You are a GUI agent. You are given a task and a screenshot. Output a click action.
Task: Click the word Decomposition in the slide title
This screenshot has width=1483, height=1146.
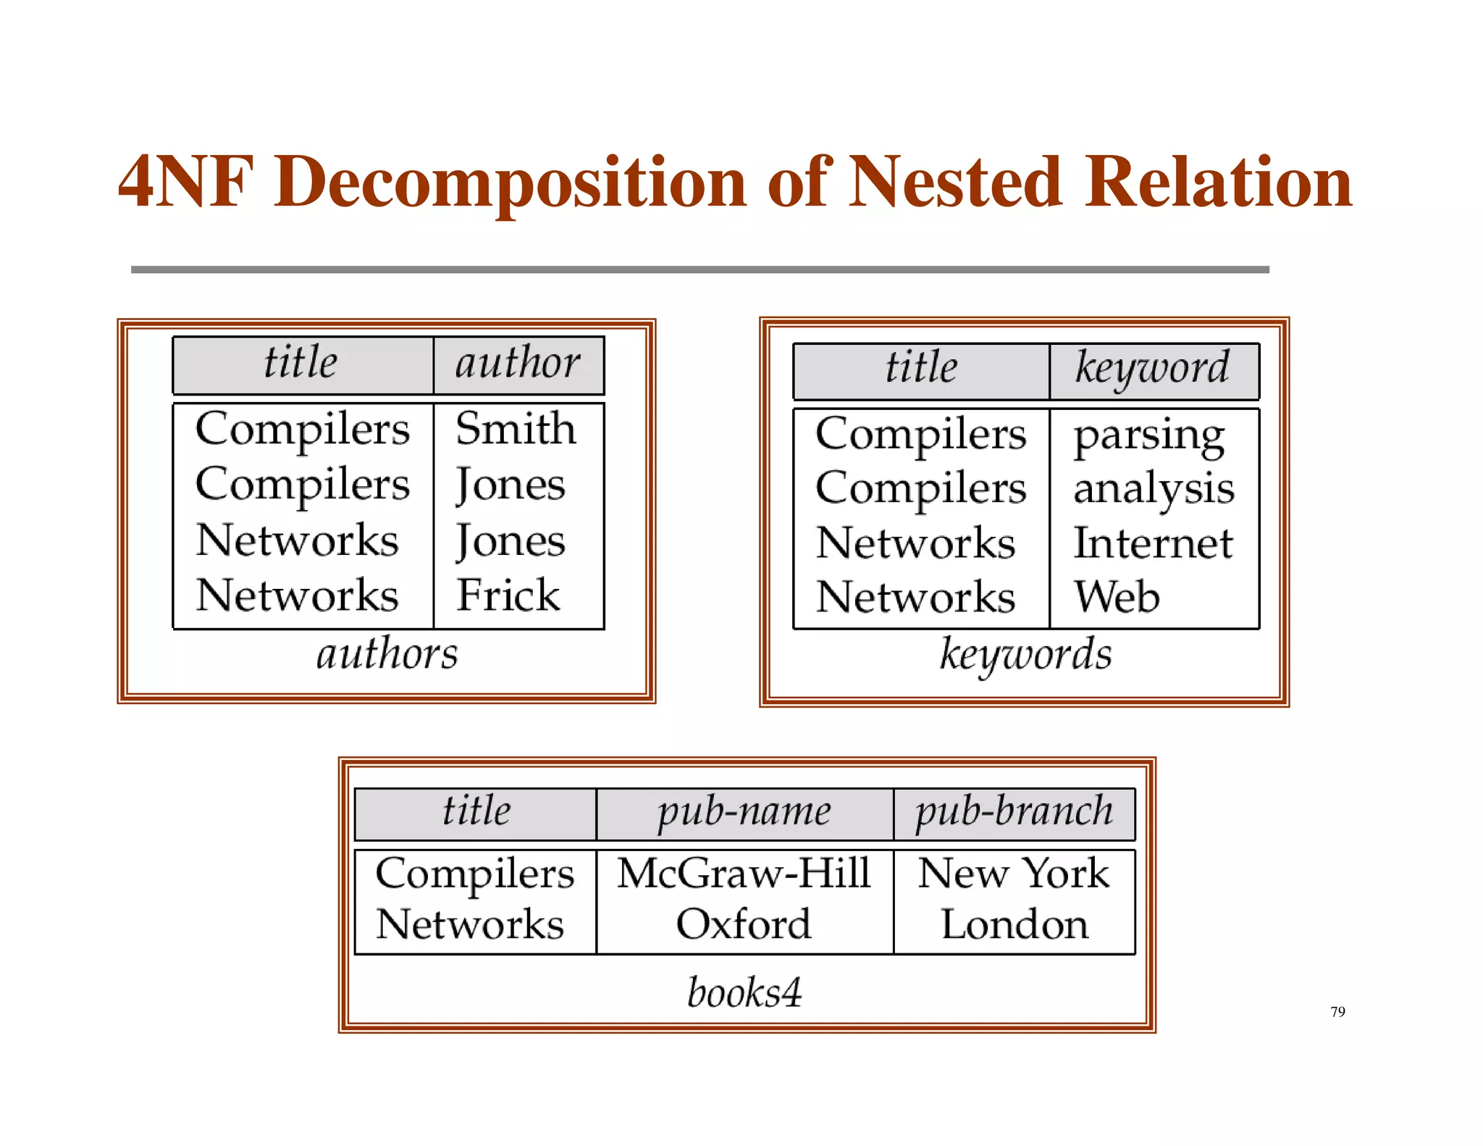(x=510, y=183)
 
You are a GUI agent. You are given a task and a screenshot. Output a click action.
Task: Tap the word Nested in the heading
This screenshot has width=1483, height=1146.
(x=955, y=183)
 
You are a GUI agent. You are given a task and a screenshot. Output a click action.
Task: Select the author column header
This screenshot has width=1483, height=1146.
(x=517, y=363)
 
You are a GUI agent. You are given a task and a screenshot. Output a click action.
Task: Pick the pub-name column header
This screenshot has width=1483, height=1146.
(x=744, y=811)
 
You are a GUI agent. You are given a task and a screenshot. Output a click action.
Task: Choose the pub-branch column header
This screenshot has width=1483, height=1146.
(x=1014, y=811)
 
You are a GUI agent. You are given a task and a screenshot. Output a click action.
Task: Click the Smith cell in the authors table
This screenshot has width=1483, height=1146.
(x=516, y=428)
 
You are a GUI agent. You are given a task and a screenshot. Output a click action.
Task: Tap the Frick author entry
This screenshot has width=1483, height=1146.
(x=508, y=595)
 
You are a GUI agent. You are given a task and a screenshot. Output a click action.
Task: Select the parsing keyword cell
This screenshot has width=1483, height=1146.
(x=1148, y=436)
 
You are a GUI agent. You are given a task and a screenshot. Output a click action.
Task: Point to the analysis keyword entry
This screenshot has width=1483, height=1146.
(x=1154, y=489)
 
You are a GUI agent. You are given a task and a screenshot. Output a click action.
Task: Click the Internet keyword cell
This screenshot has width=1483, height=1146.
(x=1153, y=543)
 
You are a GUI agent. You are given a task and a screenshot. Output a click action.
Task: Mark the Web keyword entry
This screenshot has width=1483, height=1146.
(x=1117, y=598)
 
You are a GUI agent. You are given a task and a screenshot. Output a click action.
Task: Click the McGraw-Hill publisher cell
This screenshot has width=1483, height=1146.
(x=744, y=873)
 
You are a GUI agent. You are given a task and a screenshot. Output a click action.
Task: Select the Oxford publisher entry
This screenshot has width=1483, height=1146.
(x=744, y=924)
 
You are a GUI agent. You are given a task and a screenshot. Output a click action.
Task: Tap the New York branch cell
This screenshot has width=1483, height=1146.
(x=1014, y=873)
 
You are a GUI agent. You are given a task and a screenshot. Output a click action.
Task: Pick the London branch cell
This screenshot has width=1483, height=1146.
(x=1014, y=924)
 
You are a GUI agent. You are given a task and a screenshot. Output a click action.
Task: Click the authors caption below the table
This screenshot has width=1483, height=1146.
(x=387, y=654)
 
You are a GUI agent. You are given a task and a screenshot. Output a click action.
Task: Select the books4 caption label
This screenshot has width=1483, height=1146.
(x=744, y=992)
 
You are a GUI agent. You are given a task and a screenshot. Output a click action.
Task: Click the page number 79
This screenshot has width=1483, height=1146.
(x=1337, y=1011)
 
